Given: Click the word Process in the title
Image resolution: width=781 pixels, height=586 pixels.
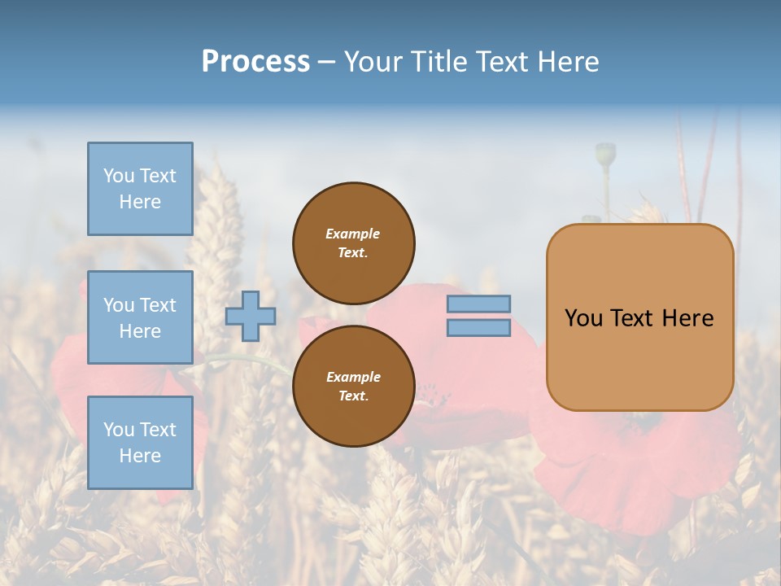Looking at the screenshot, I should [255, 62].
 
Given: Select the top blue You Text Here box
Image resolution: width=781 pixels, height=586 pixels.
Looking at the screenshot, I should [140, 189].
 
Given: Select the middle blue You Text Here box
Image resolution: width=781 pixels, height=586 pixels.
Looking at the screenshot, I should [140, 317].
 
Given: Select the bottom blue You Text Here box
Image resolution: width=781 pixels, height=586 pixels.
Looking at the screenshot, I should [140, 443].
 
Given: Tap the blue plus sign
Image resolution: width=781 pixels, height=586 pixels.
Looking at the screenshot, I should [251, 316].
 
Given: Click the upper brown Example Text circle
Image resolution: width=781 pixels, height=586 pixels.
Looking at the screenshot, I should [353, 243].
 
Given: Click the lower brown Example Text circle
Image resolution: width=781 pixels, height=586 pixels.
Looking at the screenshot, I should [353, 387].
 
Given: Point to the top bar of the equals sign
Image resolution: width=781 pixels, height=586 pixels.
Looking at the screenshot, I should [478, 304].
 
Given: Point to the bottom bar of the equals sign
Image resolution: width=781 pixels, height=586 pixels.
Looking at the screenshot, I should [478, 328].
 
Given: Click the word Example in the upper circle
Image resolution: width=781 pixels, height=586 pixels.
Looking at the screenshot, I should [353, 234].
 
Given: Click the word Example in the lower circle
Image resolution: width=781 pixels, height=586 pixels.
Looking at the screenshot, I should [353, 378].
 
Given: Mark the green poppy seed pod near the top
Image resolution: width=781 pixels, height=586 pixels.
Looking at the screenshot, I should [605, 153].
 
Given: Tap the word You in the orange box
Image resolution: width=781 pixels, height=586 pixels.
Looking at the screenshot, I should [582, 318].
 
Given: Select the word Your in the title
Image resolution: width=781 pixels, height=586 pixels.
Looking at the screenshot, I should [373, 62].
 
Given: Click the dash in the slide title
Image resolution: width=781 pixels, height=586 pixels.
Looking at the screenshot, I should [326, 63].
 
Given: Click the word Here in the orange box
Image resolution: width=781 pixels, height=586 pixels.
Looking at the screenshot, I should [687, 318].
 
